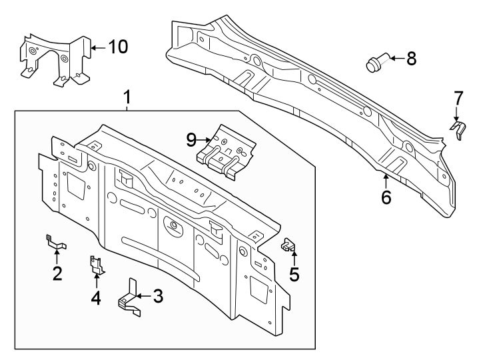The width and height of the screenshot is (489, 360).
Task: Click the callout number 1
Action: tap(127, 99)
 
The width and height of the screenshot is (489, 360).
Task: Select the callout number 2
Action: tap(57, 273)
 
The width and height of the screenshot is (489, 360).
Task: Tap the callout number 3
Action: tap(157, 295)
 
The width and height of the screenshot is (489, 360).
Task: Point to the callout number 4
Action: tap(96, 297)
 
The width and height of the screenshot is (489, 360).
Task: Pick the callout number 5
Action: tap(294, 274)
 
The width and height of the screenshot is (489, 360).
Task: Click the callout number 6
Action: tap(386, 197)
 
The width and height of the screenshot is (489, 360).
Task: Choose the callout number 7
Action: tap(458, 98)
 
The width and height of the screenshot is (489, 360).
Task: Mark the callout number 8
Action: tap(410, 59)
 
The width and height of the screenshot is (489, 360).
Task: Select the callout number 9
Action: tap(191, 139)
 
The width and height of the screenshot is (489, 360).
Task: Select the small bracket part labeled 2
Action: tap(53, 241)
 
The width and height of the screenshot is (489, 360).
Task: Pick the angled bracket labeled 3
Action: tap(130, 297)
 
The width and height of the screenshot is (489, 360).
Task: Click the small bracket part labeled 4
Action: tap(97, 265)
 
